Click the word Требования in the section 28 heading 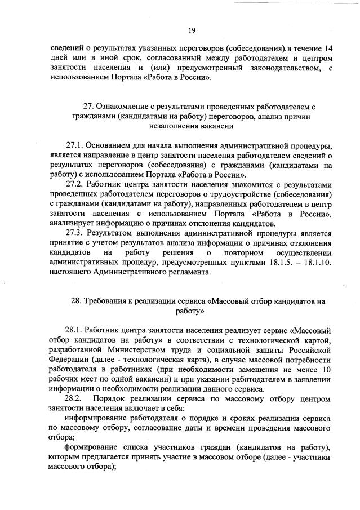(110, 301)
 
